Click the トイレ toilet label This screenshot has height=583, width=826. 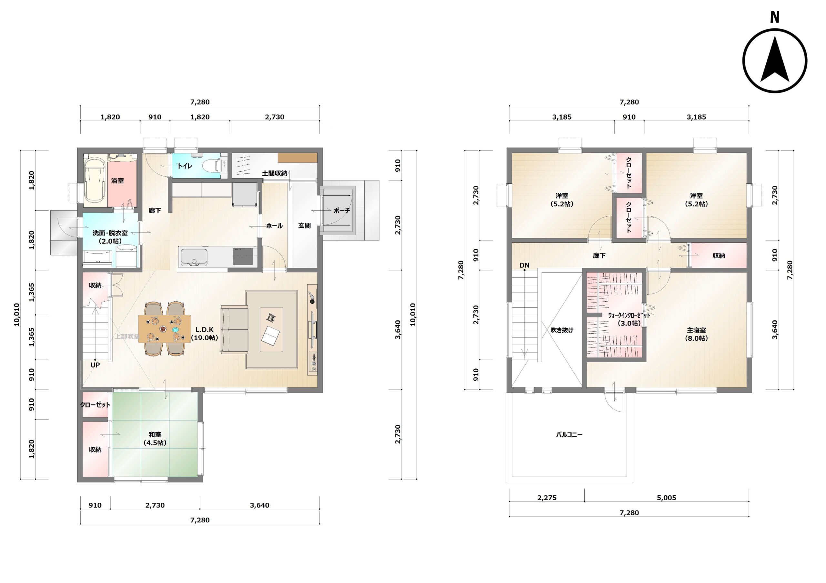[x=185, y=166]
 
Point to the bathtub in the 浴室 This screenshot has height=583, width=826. [x=94, y=181]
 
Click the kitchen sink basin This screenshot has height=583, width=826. [x=194, y=256]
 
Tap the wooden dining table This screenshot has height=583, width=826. [x=165, y=329]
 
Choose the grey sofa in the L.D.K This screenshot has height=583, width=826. [x=235, y=330]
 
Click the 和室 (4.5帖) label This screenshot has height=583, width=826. [x=155, y=439]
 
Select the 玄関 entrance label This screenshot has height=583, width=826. [x=304, y=226]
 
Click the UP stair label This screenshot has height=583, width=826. [x=95, y=365]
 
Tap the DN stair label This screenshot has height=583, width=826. [x=524, y=266]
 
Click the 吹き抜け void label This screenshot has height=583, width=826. [x=562, y=330]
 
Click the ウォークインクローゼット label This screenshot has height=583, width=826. [x=629, y=315]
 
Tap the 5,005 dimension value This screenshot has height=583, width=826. [x=667, y=498]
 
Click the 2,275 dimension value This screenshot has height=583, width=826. [x=547, y=498]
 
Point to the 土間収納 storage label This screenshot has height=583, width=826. [x=275, y=173]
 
